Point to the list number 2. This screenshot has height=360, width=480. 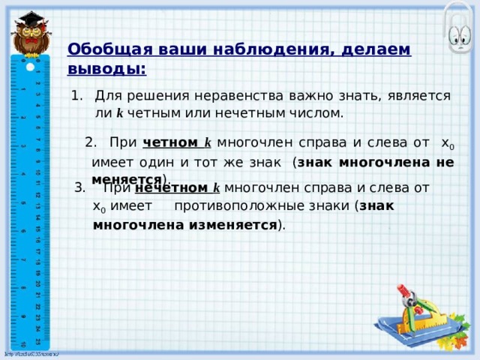pyautogui.click(x=91, y=142)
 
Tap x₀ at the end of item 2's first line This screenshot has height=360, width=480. pyautogui.click(x=447, y=143)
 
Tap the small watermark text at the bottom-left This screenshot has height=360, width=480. pyautogui.click(x=30, y=353)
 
